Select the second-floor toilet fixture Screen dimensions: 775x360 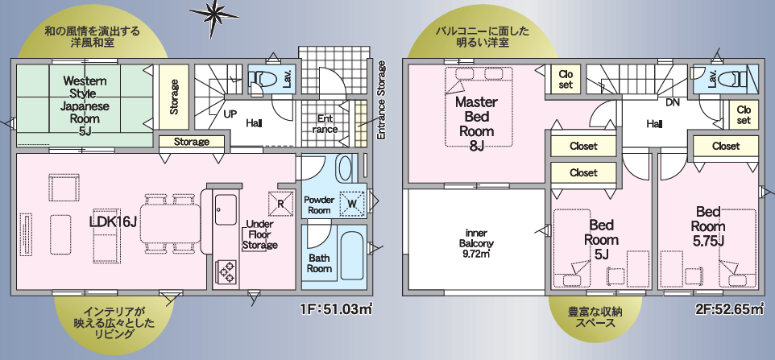pos(735,78)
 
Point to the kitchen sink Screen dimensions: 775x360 pos(226,209)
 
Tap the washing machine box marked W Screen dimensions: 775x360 pos(352,203)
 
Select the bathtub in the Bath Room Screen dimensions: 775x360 pos(351,259)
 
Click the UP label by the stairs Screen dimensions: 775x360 pos(230,114)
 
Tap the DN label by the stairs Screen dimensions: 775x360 pos(673,103)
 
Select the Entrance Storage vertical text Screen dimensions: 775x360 pos(380,100)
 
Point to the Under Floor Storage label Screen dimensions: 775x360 pos(259,234)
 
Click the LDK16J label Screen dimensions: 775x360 pos(113,222)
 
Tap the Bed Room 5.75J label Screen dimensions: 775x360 pos(708,226)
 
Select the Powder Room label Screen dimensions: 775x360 pos(319,205)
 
